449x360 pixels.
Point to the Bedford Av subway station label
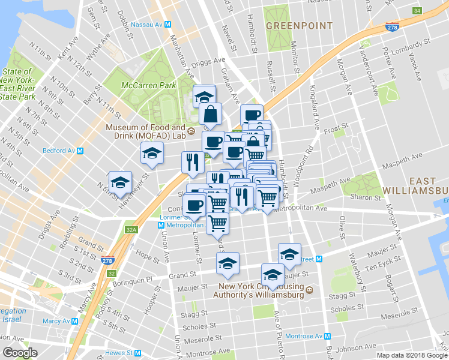click(62, 151)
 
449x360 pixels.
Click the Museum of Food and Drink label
click(146, 131)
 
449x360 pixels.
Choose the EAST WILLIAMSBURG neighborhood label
click(428, 186)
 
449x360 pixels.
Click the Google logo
click(20, 352)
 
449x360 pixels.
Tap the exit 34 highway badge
click(417, 11)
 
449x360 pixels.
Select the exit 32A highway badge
click(132, 229)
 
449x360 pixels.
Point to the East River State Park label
click(17, 83)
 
